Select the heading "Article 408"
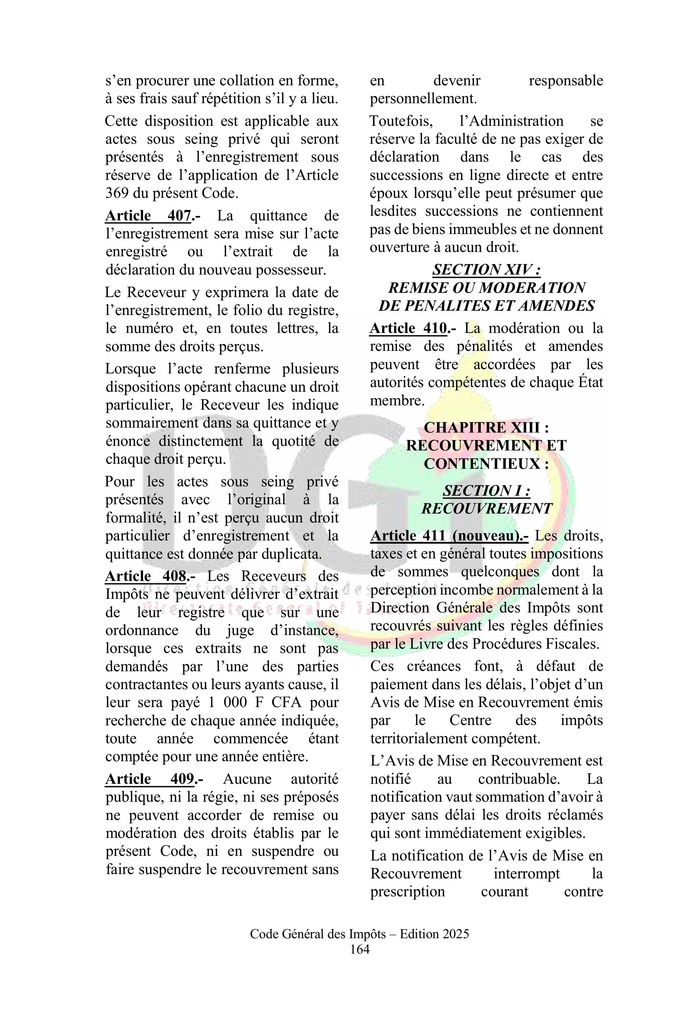coord(146,576)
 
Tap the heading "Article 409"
coord(149,779)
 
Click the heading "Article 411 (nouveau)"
coord(449,536)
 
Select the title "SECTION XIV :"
coord(486,269)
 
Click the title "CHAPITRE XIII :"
coord(486,427)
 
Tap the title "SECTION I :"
coord(486,491)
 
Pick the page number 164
coord(360,949)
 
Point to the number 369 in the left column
coord(116,193)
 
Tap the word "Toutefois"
coord(401,121)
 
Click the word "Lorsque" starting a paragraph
coord(130,369)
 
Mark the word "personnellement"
coord(423,99)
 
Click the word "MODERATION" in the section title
coord(532,288)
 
